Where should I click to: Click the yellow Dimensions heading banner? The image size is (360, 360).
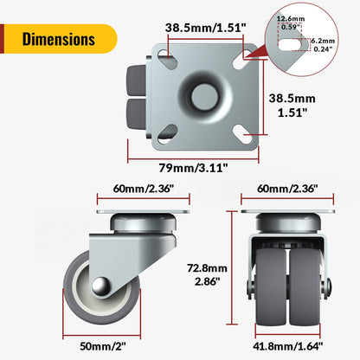click(59, 39)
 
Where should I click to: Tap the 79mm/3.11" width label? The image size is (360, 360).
click(191, 168)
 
